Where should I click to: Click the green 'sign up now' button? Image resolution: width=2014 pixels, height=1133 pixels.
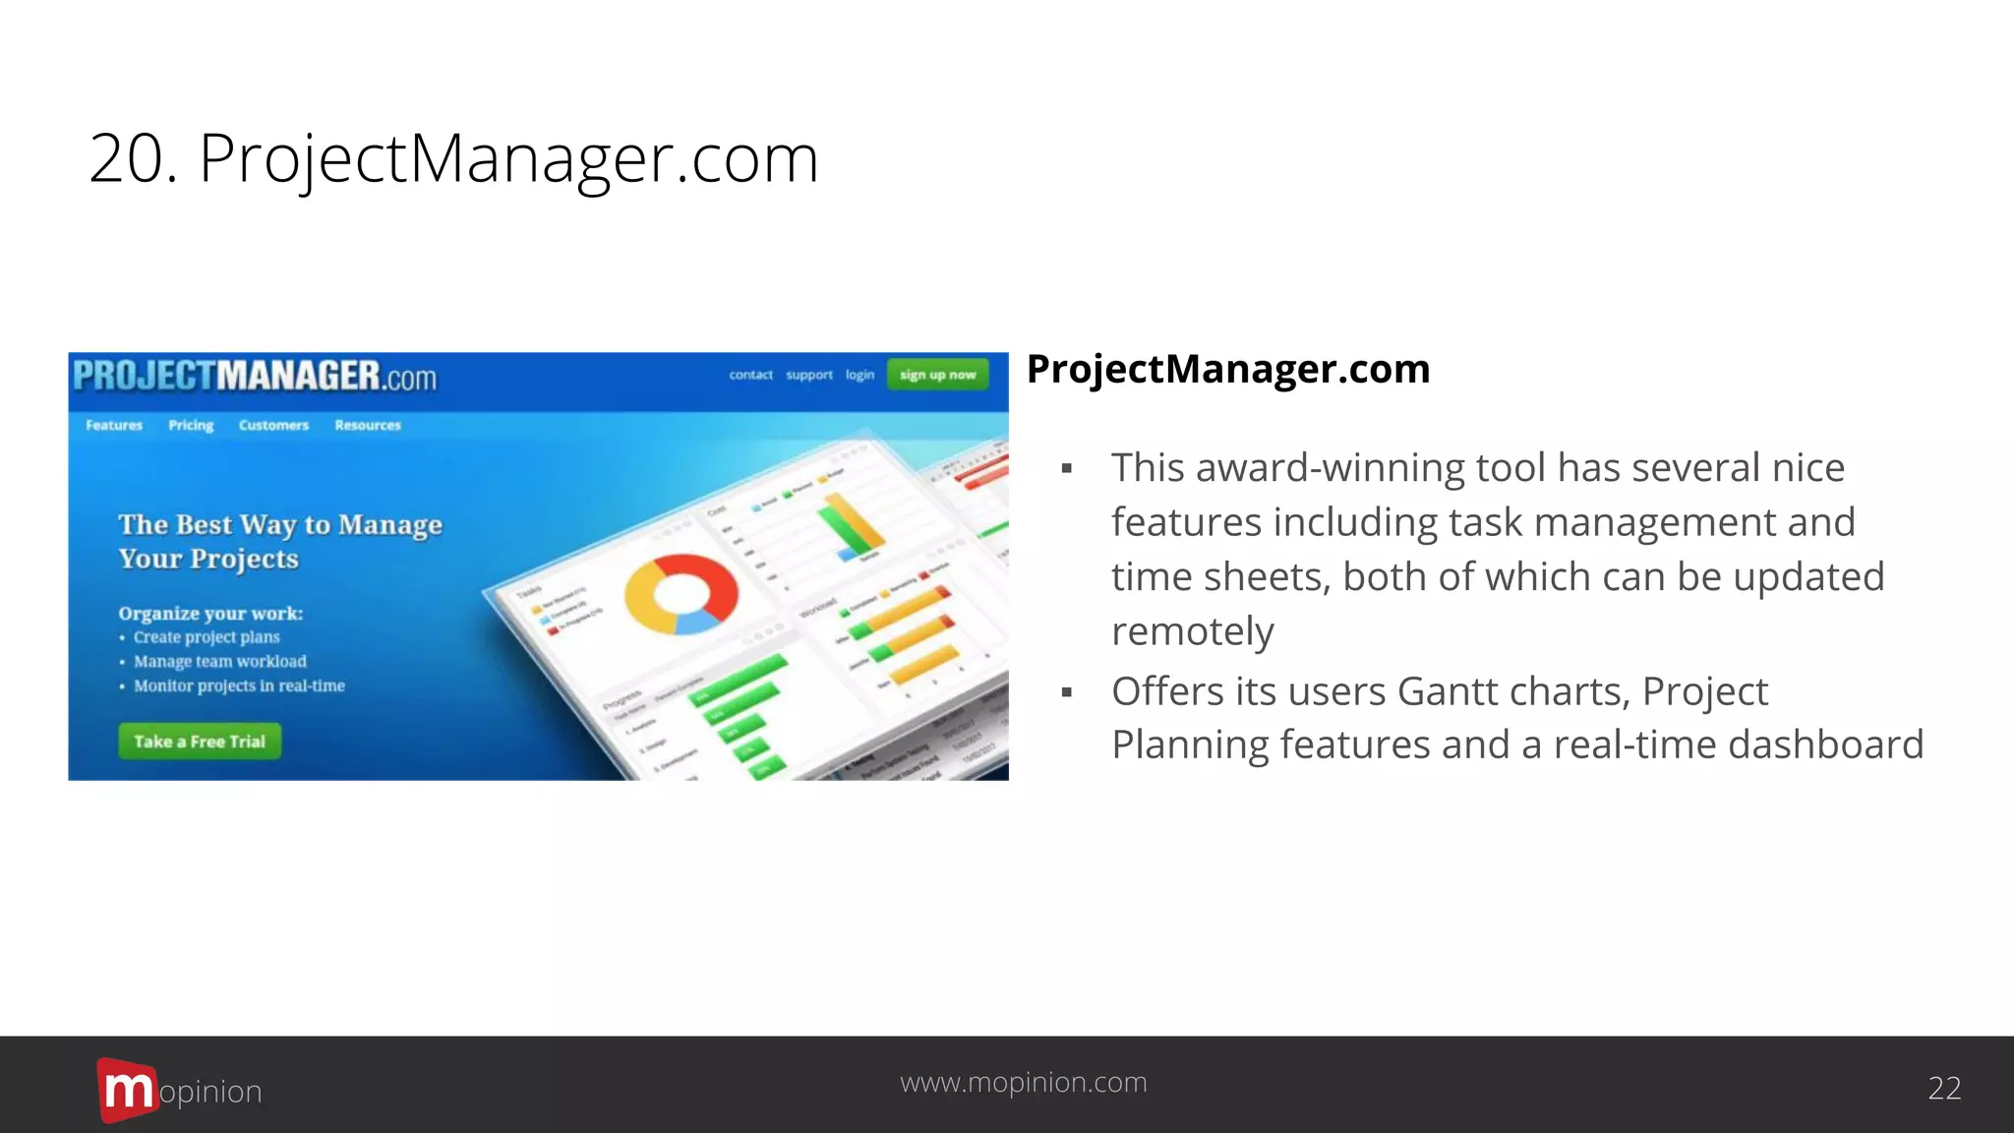point(937,375)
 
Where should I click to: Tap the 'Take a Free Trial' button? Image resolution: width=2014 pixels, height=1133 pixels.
point(200,742)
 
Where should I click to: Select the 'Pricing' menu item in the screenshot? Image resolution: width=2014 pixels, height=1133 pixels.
point(191,426)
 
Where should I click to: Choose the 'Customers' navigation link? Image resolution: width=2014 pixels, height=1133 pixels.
point(273,426)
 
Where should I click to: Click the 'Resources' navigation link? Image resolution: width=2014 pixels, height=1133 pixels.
point(368,426)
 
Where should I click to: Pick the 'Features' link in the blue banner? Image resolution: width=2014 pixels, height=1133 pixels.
point(114,426)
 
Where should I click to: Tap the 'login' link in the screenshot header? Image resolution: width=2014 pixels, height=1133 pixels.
point(859,375)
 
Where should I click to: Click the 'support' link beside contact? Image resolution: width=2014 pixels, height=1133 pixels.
point(809,375)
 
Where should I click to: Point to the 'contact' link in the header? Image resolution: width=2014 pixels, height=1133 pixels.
point(750,375)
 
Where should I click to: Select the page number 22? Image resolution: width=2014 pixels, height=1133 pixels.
point(1944,1089)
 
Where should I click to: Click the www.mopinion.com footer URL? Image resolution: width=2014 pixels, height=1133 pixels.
point(1024,1083)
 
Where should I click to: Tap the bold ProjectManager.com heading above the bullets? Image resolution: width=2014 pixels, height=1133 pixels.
point(1228,370)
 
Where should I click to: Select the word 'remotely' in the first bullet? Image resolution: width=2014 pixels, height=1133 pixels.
point(1193,631)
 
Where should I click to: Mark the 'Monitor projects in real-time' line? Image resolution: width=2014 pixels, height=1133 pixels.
point(239,686)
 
